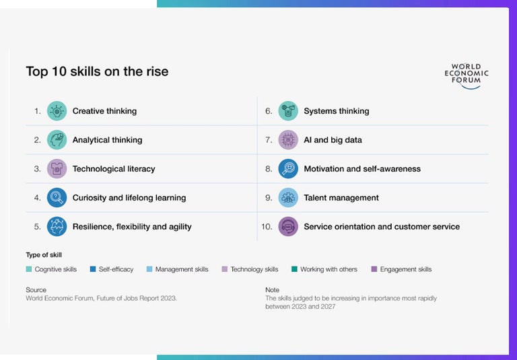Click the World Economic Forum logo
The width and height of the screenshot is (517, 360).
pos(467,76)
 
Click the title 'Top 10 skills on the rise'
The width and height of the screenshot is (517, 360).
pos(97,71)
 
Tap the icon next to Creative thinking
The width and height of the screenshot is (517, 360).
pos(57,111)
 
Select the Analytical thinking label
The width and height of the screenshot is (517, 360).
pos(107,140)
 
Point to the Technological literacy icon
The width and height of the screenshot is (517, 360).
pos(57,169)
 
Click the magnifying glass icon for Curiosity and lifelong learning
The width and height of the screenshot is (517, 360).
pos(57,198)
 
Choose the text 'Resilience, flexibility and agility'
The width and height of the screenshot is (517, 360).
pos(132,227)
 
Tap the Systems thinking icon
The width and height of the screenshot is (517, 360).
pos(288,111)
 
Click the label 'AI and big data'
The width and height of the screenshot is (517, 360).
pos(333,140)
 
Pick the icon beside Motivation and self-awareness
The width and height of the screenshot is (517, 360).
pos(288,169)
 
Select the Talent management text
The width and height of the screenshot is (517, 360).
pos(341,198)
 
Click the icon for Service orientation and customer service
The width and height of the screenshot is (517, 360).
pos(288,227)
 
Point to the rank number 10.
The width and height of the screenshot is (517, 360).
pos(267,227)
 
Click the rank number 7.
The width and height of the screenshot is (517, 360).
pos(269,140)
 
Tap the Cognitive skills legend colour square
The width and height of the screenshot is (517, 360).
pos(29,269)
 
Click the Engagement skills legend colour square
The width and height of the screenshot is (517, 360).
pos(374,269)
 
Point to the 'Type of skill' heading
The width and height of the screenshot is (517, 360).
pos(43,254)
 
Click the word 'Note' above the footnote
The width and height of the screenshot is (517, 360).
pos(272,290)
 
